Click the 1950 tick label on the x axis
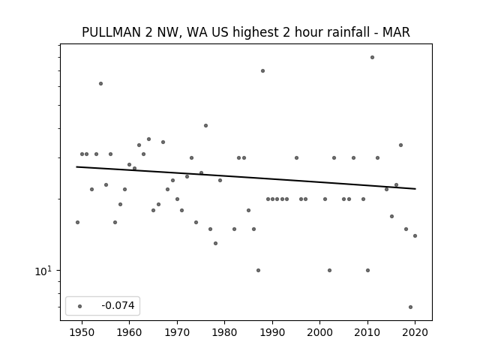point(82,332)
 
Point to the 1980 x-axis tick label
point(224,332)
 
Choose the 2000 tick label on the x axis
point(320,332)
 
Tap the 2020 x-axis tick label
point(415,332)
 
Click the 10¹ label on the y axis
point(43,271)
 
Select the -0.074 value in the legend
point(118,305)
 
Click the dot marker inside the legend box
point(80,306)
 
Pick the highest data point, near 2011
point(372,57)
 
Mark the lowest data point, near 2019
point(410,307)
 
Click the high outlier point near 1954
point(100,83)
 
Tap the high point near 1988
point(262,70)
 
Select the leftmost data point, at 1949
point(77,222)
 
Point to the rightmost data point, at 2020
point(415,235)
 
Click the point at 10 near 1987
point(258,270)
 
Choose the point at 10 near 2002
point(329,270)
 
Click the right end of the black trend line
point(415,189)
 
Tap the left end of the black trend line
point(76,166)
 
